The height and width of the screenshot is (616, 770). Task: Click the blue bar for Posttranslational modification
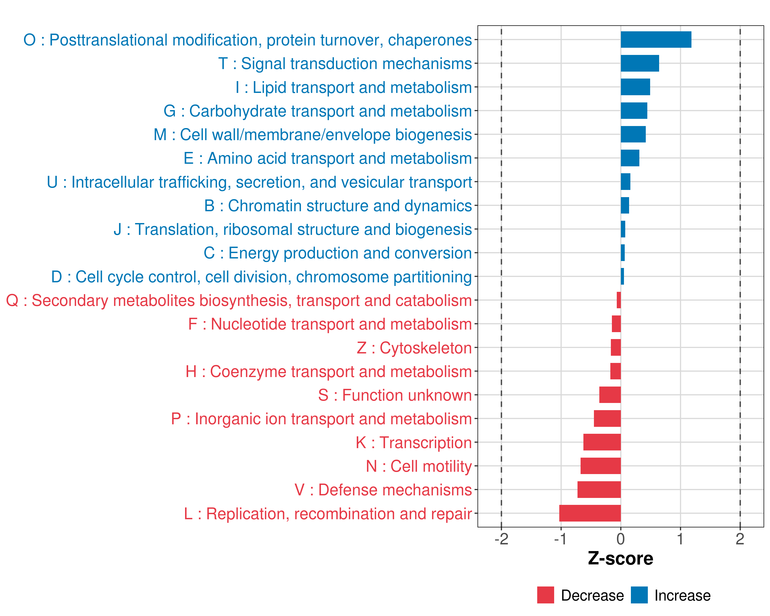click(x=656, y=40)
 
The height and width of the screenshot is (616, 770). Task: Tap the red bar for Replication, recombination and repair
click(x=590, y=513)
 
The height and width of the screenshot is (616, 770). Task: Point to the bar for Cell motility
click(x=600, y=466)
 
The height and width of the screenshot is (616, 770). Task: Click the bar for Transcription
click(x=602, y=442)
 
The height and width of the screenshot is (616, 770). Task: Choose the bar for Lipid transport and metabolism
click(x=635, y=87)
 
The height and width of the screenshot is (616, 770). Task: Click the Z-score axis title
click(x=620, y=559)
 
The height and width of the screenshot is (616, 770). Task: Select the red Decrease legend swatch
click(x=545, y=595)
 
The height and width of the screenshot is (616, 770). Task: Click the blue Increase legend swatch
click(x=639, y=595)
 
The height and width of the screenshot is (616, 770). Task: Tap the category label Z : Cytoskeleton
click(x=414, y=348)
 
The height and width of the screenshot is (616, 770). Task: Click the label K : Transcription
click(x=413, y=442)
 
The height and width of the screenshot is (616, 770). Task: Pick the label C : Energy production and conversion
click(x=338, y=253)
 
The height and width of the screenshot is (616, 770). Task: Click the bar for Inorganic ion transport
click(x=607, y=419)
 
